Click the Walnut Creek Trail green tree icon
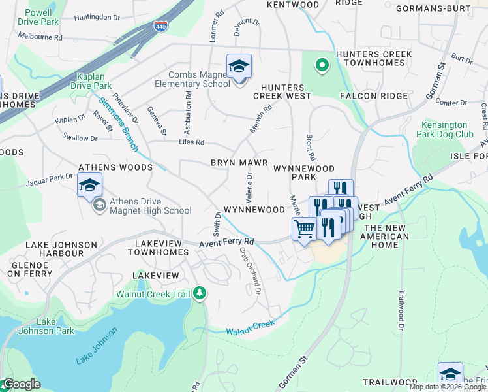pyautogui.click(x=200, y=294)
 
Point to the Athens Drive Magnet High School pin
pyautogui.click(x=89, y=187)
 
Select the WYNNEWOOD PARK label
pyautogui.click(x=298, y=172)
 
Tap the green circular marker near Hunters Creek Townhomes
pyautogui.click(x=321, y=65)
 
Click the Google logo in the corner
pyautogui.click(x=21, y=384)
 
